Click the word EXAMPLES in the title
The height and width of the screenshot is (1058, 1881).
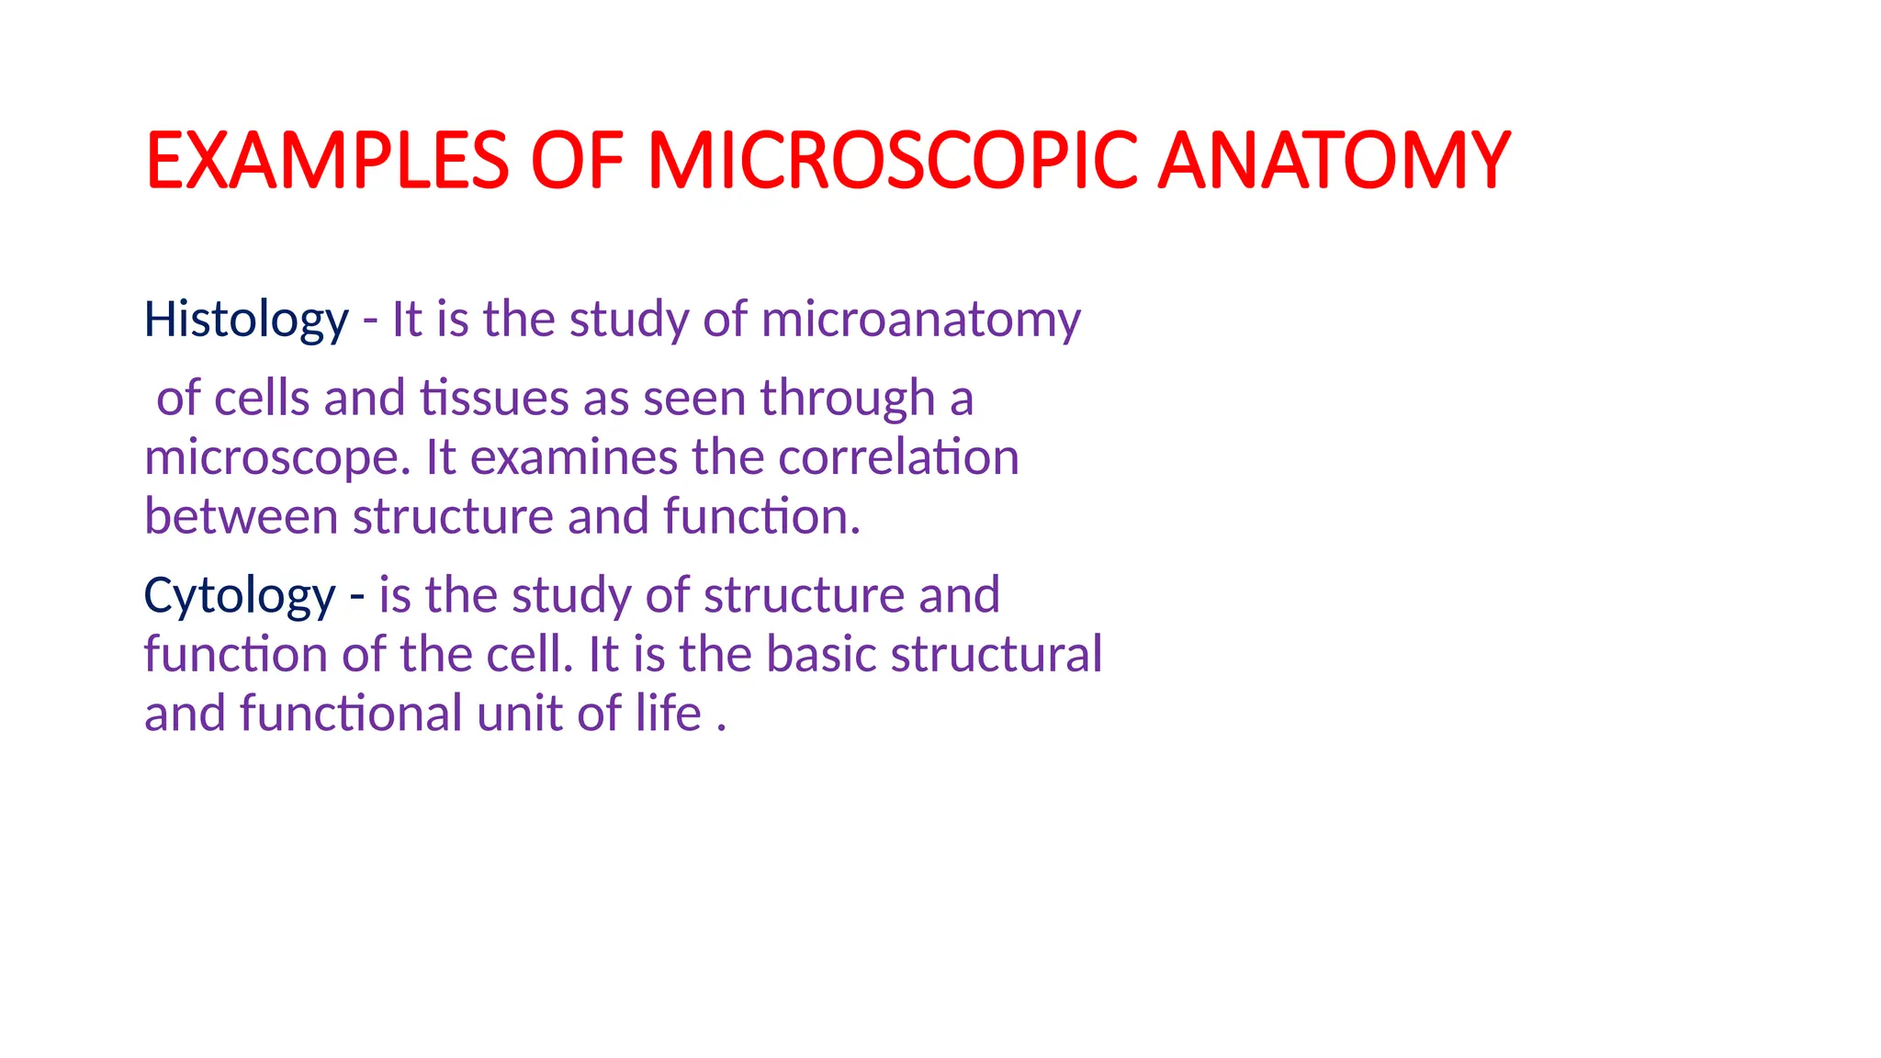click(x=327, y=161)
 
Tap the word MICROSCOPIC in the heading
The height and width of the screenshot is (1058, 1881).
click(x=890, y=161)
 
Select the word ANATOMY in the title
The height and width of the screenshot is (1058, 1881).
click(x=1334, y=161)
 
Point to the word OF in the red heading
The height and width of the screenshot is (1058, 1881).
click(x=577, y=161)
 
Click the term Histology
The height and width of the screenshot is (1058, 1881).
click(x=246, y=321)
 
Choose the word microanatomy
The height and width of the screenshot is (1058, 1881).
click(x=920, y=321)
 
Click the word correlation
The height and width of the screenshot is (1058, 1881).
click(x=898, y=457)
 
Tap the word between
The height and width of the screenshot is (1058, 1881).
click(x=242, y=516)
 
